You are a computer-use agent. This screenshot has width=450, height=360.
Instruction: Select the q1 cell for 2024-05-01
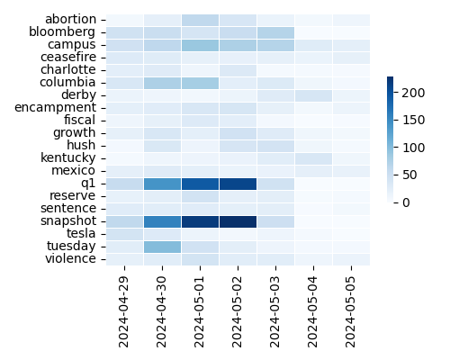click(200, 183)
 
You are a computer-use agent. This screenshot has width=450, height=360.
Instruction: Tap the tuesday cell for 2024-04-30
click(162, 246)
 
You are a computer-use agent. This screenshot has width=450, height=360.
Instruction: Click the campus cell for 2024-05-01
click(200, 44)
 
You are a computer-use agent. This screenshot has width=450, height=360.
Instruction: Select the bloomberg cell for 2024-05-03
click(275, 31)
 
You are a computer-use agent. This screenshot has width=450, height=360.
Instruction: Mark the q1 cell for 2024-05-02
click(238, 183)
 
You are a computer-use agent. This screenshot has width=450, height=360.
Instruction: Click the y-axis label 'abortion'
click(70, 19)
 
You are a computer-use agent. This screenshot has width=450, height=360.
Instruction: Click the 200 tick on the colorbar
click(407, 92)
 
